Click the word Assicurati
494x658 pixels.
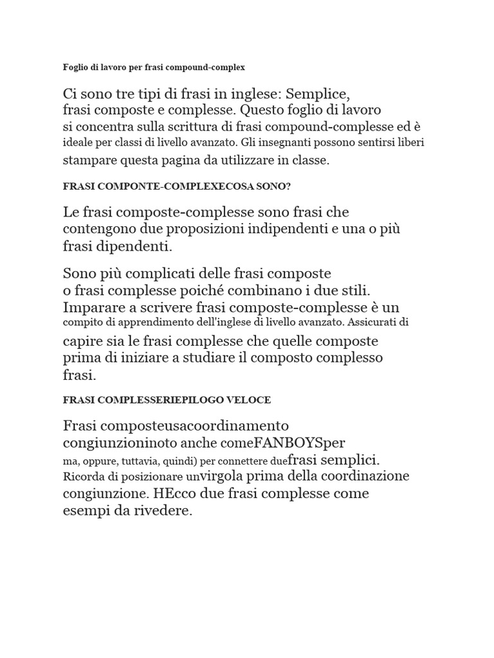click(377, 322)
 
